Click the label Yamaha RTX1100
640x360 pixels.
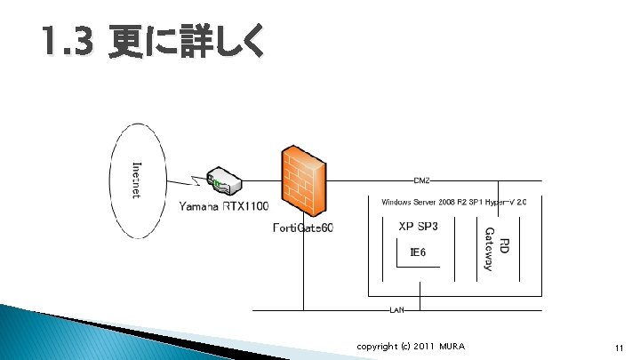pyautogui.click(x=224, y=207)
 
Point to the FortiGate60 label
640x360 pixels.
pyautogui.click(x=302, y=228)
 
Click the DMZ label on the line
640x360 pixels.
pyautogui.click(x=422, y=181)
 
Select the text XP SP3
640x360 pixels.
pyautogui.click(x=417, y=227)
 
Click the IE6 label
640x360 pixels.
pyautogui.click(x=418, y=252)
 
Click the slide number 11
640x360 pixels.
pyautogui.click(x=618, y=347)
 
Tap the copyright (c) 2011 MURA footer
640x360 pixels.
pyautogui.click(x=410, y=346)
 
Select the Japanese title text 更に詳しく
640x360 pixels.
pyautogui.click(x=185, y=43)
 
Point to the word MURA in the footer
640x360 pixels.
pyautogui.click(x=450, y=346)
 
